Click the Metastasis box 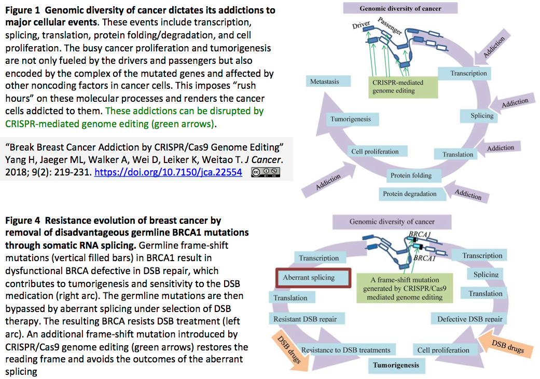pos(328,82)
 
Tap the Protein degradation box pos(412,194)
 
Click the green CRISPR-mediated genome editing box pos(403,87)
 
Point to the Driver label pos(361,25)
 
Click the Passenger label pos(390,26)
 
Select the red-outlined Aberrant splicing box pos(313,278)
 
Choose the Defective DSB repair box pos(469,319)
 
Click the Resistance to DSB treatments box pos(346,350)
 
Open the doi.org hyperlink pos(168,172)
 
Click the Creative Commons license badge pos(265,172)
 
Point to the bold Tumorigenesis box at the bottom pos(396,366)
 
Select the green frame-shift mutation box pos(404,288)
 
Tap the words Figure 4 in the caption pos(22,221)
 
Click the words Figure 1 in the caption pos(22,10)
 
